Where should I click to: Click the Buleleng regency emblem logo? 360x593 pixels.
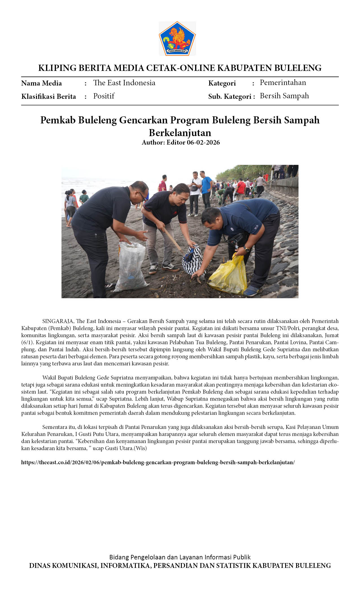pos(177,38)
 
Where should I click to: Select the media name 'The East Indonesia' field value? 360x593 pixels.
pos(124,83)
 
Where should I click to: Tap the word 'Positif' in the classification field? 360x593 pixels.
pos(104,96)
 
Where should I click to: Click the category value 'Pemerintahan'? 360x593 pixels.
pos(283,82)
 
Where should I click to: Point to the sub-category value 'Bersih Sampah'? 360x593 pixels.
pos(284,96)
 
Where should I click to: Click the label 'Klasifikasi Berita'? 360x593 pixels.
pos(49,97)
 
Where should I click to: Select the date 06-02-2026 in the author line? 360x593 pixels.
pos(203,142)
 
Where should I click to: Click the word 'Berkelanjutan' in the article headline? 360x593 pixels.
pos(180,132)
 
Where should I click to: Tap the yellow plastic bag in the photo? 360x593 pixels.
pos(228,275)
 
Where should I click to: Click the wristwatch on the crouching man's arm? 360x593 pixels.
pos(247,249)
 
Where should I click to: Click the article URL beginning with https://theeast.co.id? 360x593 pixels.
pos(158,462)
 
